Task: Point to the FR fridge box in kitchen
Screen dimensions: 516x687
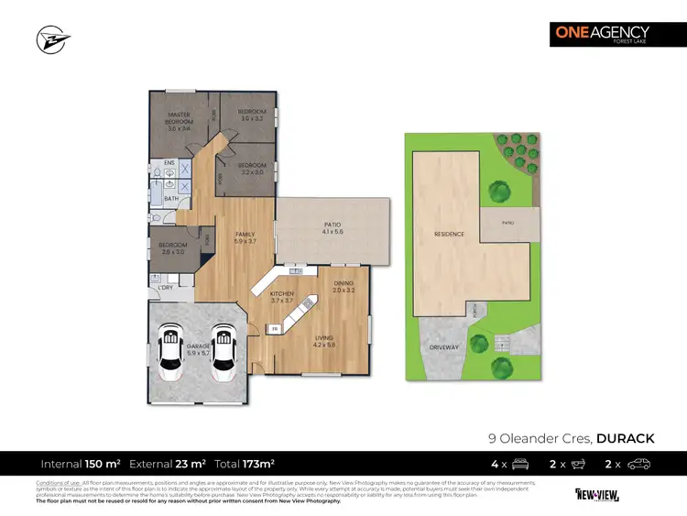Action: click(x=273, y=327)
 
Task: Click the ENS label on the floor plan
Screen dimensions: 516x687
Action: click(x=169, y=165)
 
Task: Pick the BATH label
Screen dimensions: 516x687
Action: click(x=170, y=198)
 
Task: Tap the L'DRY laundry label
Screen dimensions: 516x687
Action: click(x=166, y=290)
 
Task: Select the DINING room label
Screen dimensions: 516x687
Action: click(x=343, y=283)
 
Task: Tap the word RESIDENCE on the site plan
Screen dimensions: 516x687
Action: click(x=450, y=234)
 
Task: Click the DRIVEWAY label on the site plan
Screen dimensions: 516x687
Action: click(x=443, y=347)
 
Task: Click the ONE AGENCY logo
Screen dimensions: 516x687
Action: click(x=602, y=34)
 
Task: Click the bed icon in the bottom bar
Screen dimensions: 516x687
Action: click(x=518, y=464)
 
